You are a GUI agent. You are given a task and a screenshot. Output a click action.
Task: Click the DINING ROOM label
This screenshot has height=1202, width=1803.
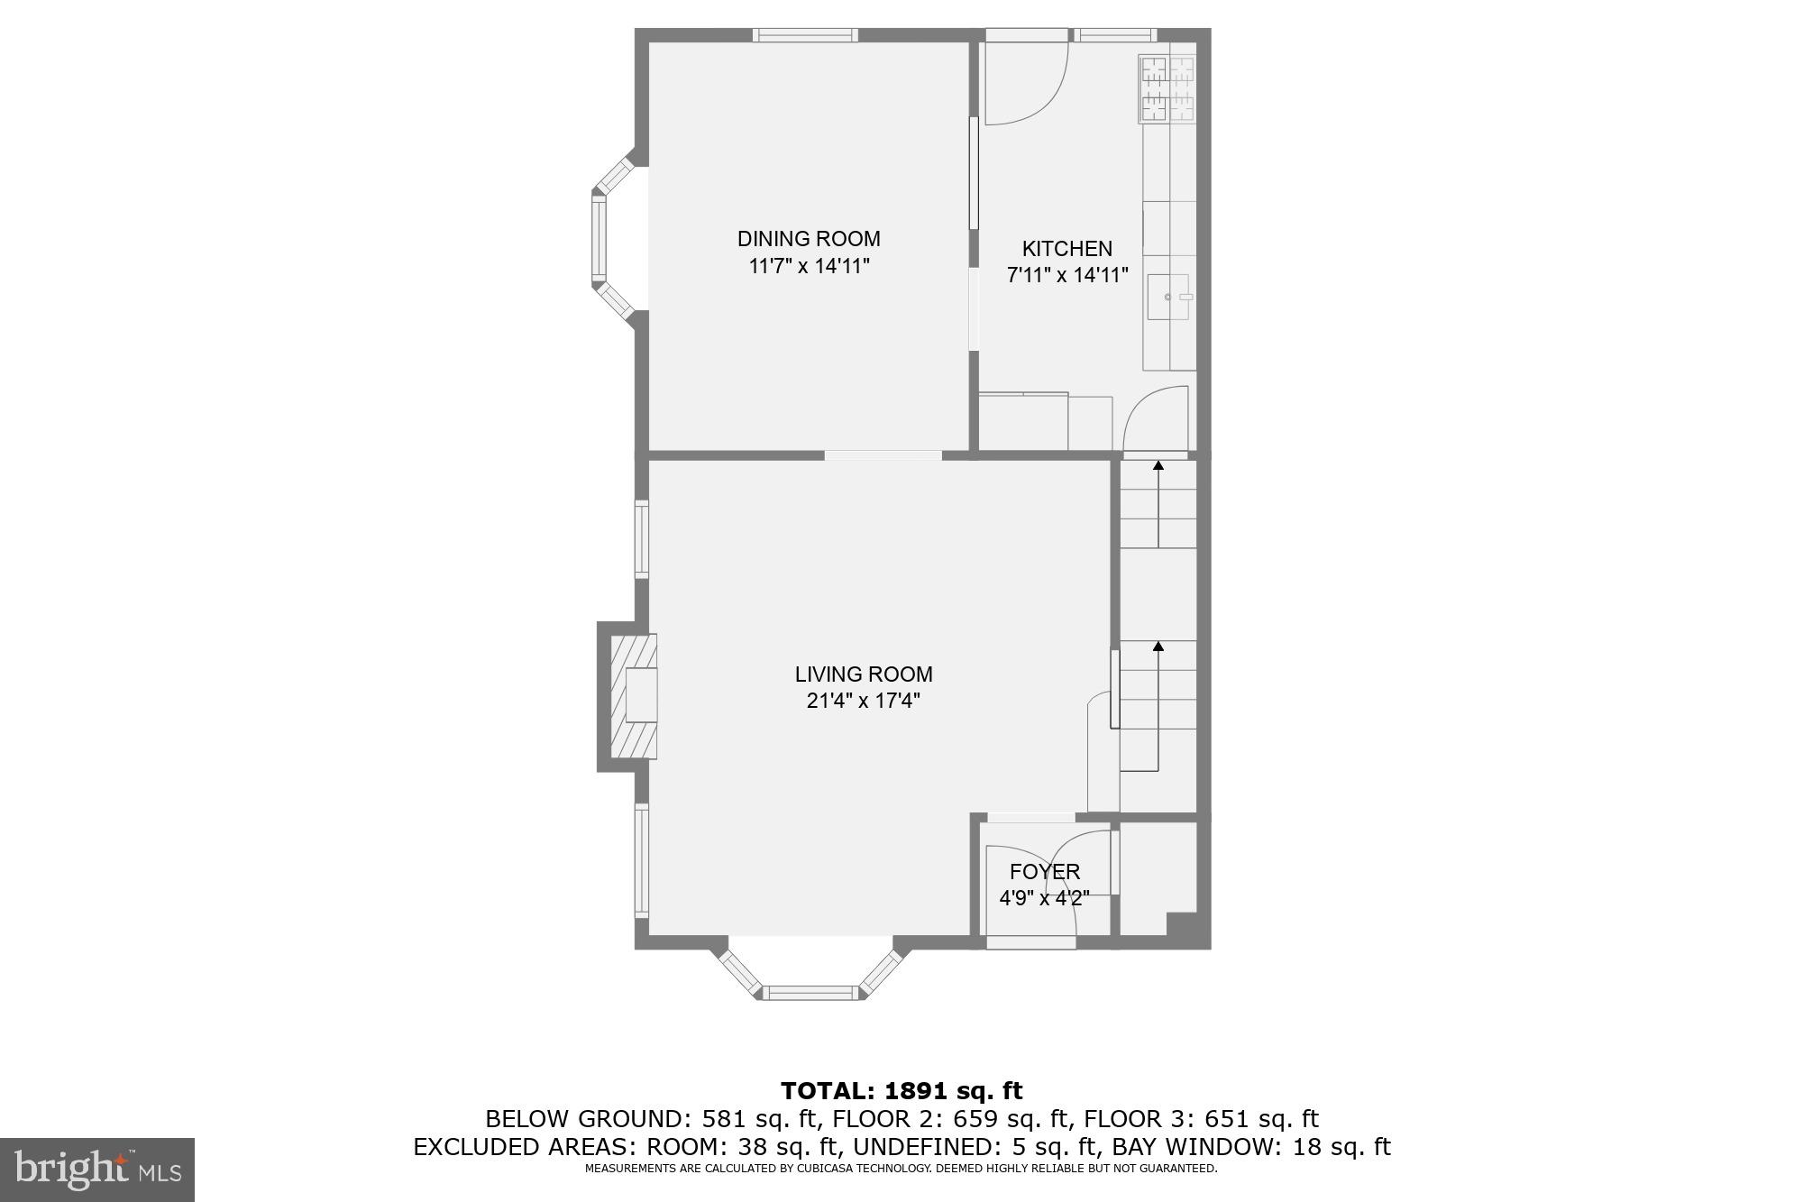(x=809, y=239)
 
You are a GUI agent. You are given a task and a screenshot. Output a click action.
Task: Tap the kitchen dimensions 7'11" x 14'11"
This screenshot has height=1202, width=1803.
(x=1066, y=275)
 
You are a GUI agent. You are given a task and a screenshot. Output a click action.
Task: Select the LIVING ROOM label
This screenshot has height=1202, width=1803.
(x=863, y=674)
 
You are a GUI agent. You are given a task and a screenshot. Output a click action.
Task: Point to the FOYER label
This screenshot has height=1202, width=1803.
(x=1044, y=872)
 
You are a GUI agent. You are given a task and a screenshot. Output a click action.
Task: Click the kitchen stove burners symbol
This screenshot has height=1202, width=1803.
(x=1167, y=88)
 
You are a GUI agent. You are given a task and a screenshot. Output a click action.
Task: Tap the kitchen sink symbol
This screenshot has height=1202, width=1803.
(x=1168, y=298)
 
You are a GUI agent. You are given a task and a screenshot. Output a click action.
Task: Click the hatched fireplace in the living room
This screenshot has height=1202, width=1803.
(x=633, y=695)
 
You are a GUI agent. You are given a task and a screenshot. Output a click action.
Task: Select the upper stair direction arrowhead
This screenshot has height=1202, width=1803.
(x=1158, y=465)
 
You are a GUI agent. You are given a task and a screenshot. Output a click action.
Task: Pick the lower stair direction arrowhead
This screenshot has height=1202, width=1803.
(x=1158, y=646)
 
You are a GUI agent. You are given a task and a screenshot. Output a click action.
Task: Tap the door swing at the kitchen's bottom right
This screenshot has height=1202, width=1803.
(x=1157, y=417)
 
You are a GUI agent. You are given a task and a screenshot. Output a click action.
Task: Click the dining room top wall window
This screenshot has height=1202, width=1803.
(x=805, y=35)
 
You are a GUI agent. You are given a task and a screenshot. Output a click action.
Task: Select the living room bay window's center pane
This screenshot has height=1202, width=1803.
(x=810, y=993)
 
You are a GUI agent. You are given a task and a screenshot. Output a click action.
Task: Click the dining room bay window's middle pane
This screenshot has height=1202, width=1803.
(x=598, y=239)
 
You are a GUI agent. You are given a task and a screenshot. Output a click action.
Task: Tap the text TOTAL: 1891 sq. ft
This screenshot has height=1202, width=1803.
(x=901, y=1091)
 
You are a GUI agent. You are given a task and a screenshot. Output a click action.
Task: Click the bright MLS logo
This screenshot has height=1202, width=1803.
(x=97, y=1170)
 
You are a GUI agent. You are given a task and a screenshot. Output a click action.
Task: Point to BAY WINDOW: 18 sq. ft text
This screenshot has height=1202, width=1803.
(x=1251, y=1147)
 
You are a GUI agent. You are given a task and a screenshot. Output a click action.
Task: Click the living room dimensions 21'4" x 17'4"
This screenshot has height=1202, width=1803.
(x=863, y=701)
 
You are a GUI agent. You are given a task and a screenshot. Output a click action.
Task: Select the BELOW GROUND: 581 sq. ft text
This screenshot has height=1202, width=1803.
(x=652, y=1119)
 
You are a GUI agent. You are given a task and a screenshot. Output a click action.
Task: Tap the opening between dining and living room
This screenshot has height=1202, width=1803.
(x=883, y=455)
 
